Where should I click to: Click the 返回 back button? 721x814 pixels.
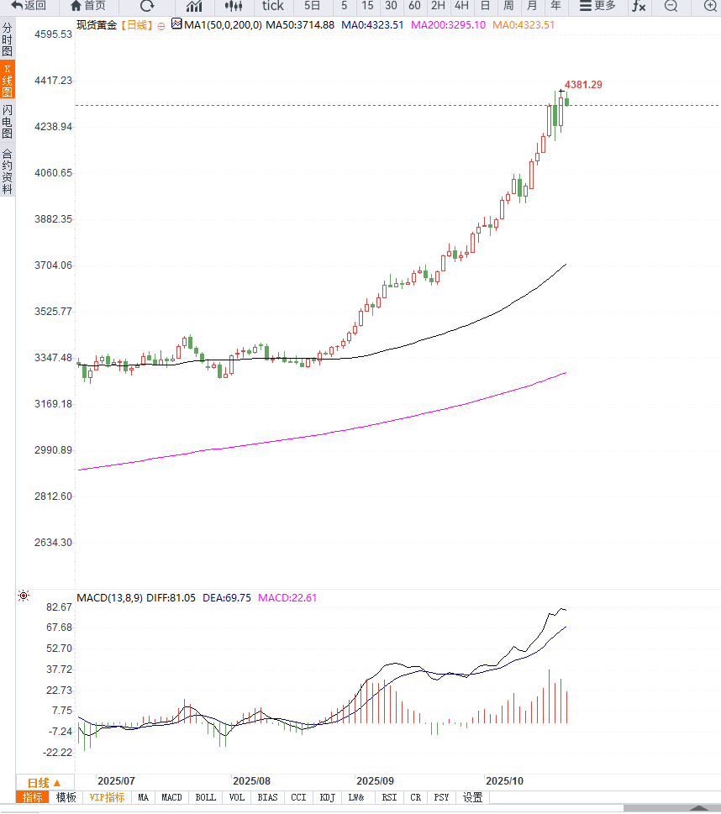click(x=29, y=6)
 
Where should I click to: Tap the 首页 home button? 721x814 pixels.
click(x=88, y=6)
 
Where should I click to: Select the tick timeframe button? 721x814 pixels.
click(x=272, y=6)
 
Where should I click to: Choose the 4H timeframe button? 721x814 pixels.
click(x=461, y=6)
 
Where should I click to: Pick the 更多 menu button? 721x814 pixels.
click(x=597, y=6)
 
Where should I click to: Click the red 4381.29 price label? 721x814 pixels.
click(x=583, y=85)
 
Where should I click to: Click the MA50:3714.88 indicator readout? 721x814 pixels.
click(x=300, y=25)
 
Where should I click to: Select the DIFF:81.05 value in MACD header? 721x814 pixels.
click(x=171, y=598)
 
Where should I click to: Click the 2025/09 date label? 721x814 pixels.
click(x=375, y=781)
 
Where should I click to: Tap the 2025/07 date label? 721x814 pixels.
click(x=117, y=781)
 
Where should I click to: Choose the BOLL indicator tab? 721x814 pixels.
click(x=205, y=797)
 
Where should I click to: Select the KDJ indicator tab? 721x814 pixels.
click(x=327, y=797)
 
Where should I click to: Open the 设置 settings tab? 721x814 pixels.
click(x=472, y=797)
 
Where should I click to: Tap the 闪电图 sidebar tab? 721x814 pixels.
click(x=8, y=122)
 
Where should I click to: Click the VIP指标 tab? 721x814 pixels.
click(x=107, y=797)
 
